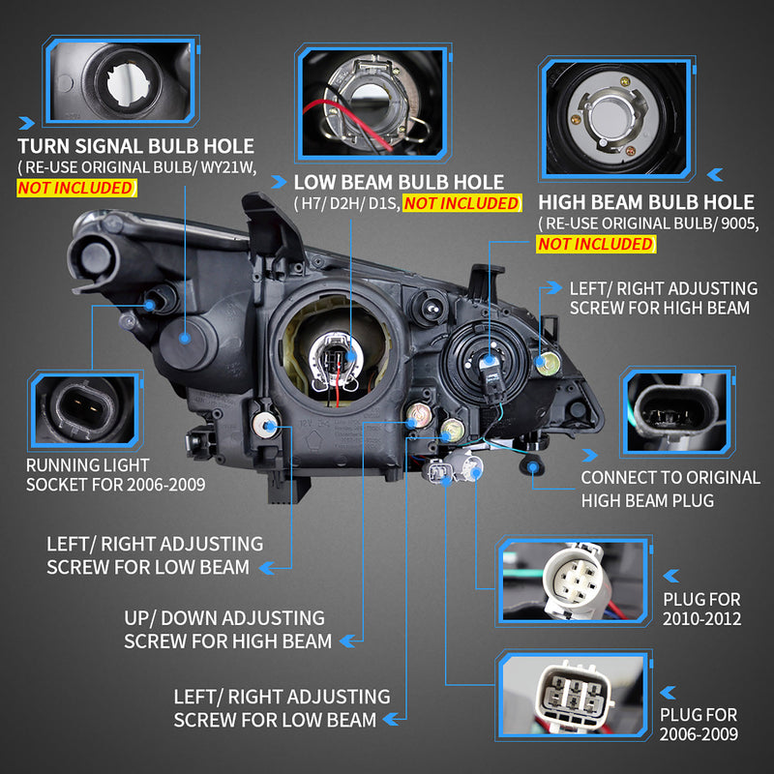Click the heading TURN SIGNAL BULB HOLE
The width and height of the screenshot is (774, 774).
pyautogui.click(x=135, y=146)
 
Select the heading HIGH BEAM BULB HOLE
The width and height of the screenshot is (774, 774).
pyautogui.click(x=645, y=202)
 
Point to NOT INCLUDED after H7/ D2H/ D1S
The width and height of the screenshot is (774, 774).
pyautogui.click(x=461, y=203)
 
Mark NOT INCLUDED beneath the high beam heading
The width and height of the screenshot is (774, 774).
pyautogui.click(x=595, y=244)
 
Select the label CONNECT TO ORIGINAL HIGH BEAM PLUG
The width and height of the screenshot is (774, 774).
pyautogui.click(x=670, y=489)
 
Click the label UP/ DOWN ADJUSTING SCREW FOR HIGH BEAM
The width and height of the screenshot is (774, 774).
pyautogui.click(x=227, y=629)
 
